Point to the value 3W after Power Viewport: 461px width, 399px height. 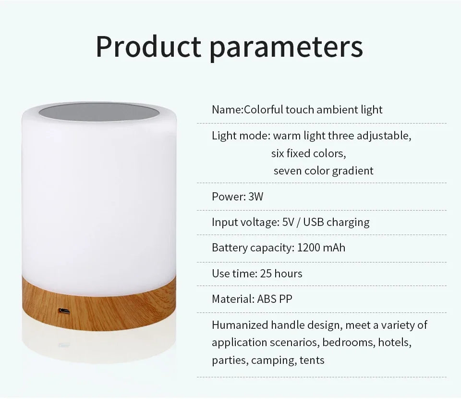[x=256, y=197]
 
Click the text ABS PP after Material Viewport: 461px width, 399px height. [x=272, y=299]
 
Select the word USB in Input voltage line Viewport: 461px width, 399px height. [x=314, y=222]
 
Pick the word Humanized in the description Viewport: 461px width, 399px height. [x=240, y=325]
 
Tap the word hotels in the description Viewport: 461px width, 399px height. [x=395, y=342]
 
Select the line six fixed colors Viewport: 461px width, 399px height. [x=308, y=153]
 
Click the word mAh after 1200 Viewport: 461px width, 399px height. [x=334, y=248]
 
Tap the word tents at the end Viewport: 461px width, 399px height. [x=313, y=360]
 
